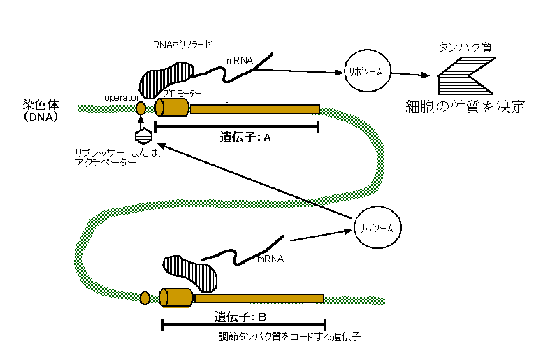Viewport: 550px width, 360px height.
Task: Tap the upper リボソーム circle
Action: coord(367,72)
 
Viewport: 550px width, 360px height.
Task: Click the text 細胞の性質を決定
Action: coord(465,107)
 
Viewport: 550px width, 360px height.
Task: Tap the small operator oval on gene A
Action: coord(140,108)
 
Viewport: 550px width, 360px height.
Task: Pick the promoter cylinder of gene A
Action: coord(171,108)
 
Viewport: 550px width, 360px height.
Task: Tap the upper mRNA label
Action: coord(239,61)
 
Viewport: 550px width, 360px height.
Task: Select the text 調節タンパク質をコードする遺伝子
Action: coord(289,337)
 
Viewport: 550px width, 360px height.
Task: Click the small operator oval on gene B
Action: coord(145,298)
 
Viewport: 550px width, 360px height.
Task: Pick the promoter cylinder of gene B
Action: coord(175,297)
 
